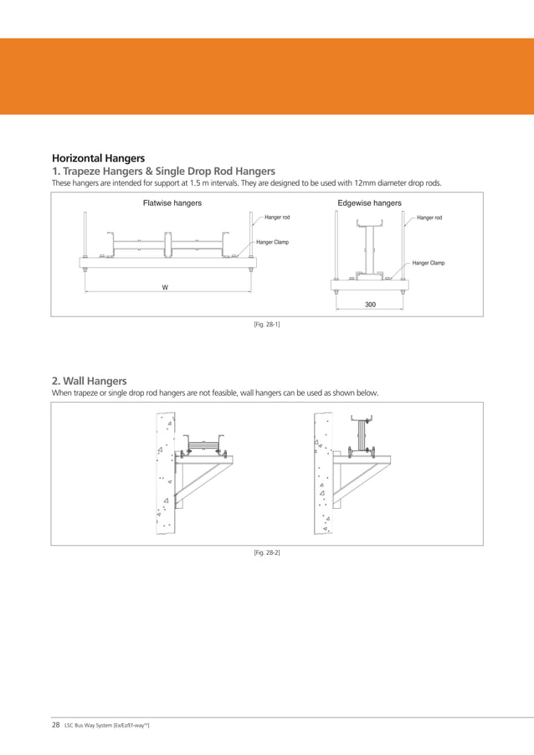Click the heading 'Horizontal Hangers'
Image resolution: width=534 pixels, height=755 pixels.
point(98,157)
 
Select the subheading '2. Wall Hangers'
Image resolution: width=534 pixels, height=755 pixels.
point(90,380)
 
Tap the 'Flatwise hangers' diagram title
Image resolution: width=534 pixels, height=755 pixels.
point(172,203)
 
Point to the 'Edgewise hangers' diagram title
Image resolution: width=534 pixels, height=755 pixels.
point(369,203)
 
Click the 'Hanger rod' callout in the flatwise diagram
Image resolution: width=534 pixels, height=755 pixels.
point(278,218)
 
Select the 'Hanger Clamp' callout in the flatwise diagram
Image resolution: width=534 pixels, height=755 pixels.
point(272,242)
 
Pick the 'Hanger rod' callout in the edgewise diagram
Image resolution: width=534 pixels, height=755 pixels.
point(429,218)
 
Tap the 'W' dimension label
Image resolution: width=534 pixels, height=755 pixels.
point(165,287)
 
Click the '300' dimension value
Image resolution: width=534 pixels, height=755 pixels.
point(371,305)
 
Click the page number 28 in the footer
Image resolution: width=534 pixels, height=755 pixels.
point(56,725)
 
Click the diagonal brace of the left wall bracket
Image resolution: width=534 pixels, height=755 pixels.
point(198,480)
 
